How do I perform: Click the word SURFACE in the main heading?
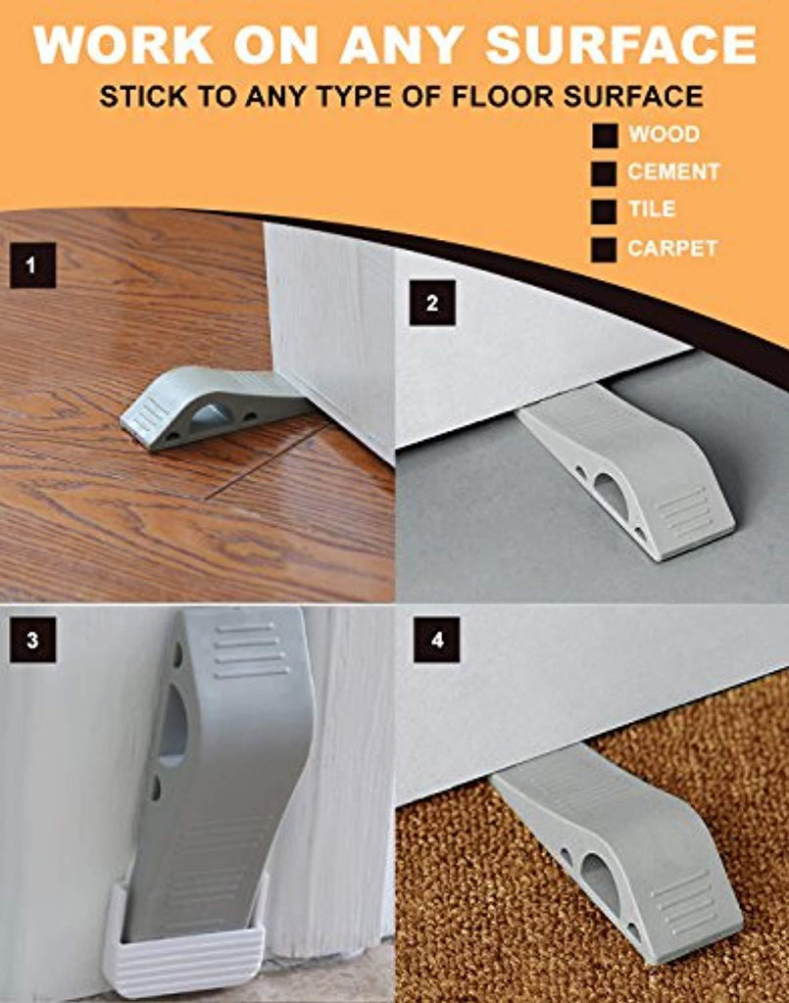pos(620,45)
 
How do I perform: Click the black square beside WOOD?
pos(604,135)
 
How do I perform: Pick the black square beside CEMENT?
pos(604,173)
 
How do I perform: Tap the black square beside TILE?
pos(604,212)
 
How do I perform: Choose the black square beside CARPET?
pos(604,250)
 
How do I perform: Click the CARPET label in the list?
pos(672,248)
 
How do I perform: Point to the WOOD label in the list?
pos(664,134)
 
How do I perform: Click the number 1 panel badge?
pos(32,264)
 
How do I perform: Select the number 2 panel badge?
pos(432,303)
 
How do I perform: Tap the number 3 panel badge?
pos(32,640)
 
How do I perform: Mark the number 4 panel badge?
pos(437,640)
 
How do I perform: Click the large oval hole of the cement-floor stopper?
pos(607,489)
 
